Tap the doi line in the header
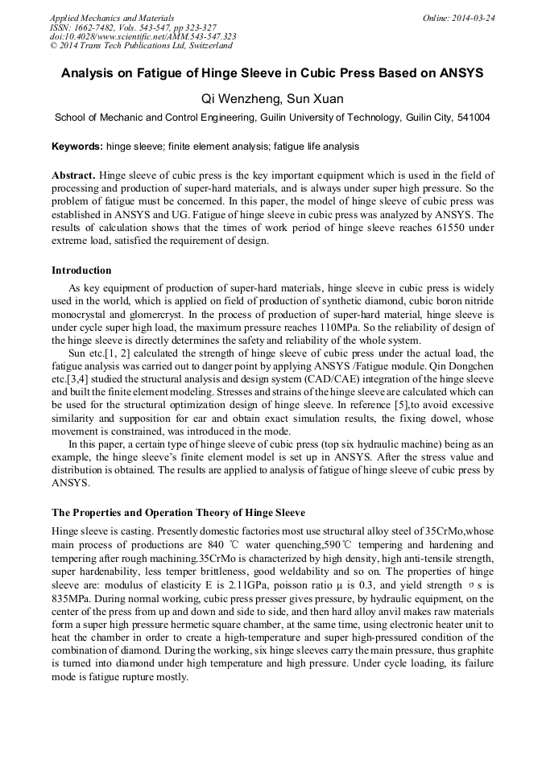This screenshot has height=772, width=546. click(143, 36)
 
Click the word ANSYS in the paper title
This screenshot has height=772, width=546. click(459, 72)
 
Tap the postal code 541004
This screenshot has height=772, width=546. click(471, 118)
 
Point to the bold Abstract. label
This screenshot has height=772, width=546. click(74, 175)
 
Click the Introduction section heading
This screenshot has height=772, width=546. click(81, 270)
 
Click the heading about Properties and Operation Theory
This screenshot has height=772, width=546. click(178, 512)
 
